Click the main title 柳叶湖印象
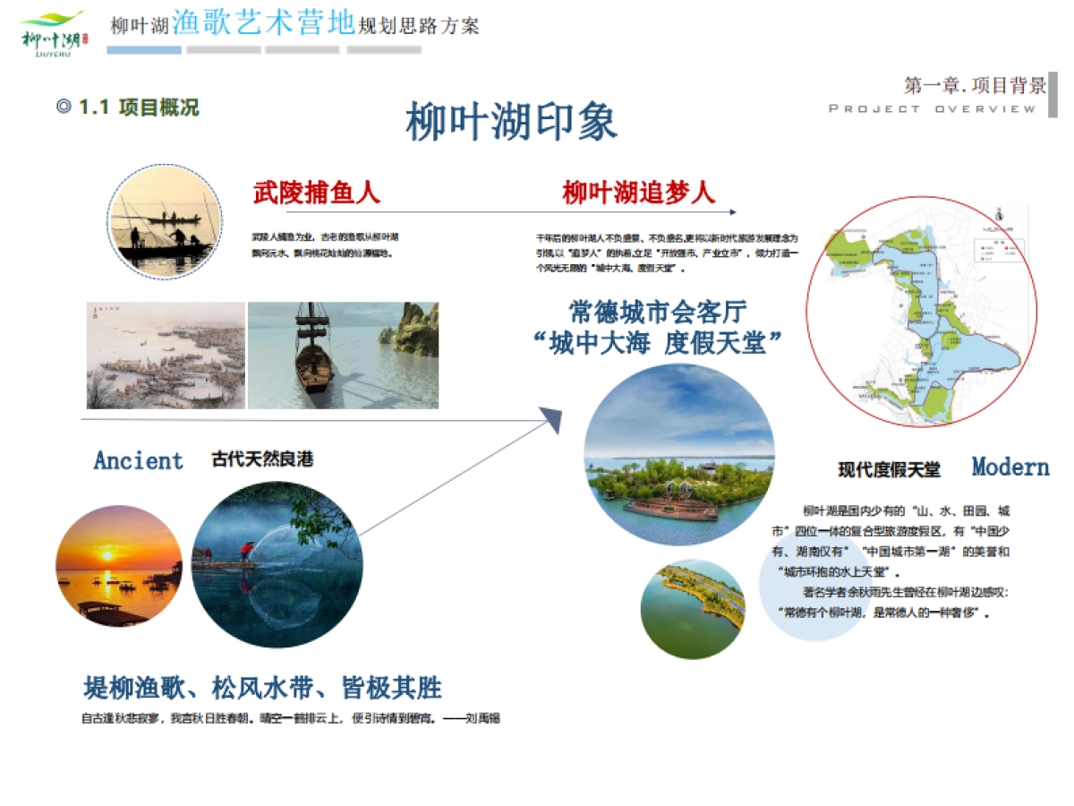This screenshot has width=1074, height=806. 511,123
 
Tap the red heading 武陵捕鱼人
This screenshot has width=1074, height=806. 317,192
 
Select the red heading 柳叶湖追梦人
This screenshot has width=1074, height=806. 638,192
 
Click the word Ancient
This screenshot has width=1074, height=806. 138,461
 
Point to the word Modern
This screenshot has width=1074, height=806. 1010,467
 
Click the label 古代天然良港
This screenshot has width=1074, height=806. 262,460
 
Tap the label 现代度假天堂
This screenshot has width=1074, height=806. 889,469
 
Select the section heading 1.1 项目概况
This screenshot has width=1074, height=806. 128,107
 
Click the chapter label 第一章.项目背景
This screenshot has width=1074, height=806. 975,86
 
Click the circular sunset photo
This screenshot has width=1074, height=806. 118,566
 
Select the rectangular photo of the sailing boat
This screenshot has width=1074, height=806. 343,356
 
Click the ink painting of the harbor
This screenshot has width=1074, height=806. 166,356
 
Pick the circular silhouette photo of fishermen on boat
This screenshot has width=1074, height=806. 165,221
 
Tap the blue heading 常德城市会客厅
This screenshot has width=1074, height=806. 658,312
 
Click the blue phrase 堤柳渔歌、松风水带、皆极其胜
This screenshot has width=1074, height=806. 262,688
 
